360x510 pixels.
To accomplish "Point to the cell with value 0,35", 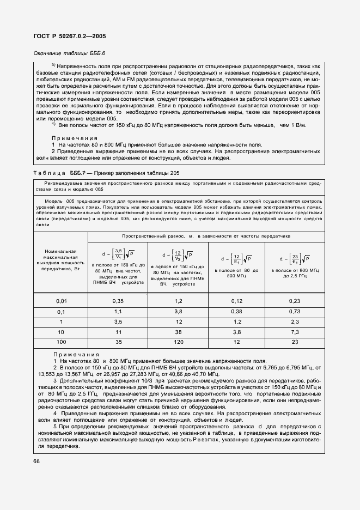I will (118, 301).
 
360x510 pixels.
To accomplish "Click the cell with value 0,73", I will (294, 312).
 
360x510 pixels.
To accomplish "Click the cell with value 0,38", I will (236, 312).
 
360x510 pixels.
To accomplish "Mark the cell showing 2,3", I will (294, 323).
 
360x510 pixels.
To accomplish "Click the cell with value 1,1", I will (118, 312).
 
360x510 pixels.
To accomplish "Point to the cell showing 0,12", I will (236, 301).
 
